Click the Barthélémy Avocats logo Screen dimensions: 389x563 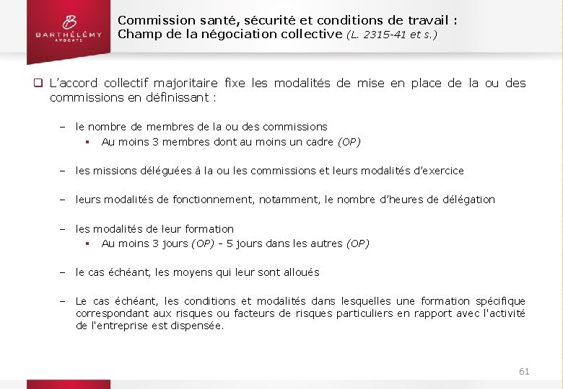click(x=60, y=29)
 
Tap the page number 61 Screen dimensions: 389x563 click(x=524, y=371)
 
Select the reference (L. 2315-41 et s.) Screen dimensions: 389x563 click(x=392, y=34)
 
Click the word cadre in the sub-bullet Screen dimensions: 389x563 click(x=319, y=142)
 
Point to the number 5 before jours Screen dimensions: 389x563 click(x=230, y=243)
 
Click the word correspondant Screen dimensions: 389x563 click(x=110, y=313)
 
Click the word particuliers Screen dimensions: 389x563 click(x=362, y=313)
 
